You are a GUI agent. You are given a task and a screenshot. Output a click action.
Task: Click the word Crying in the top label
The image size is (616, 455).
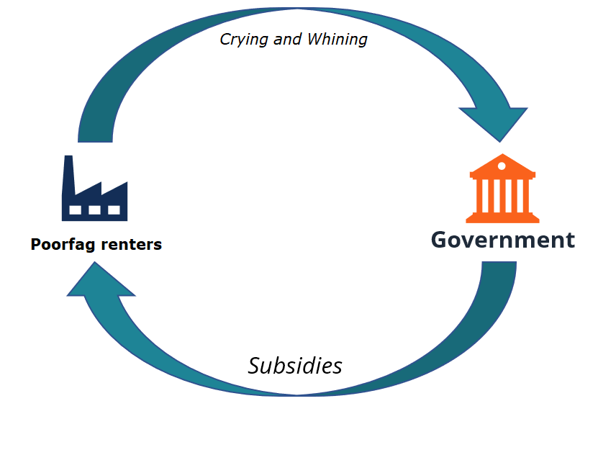click(245, 40)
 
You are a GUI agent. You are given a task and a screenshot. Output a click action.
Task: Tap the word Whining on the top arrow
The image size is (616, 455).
click(338, 40)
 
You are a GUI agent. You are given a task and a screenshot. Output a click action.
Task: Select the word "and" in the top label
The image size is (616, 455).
click(288, 40)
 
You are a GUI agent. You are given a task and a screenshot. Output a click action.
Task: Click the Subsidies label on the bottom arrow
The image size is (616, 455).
click(295, 366)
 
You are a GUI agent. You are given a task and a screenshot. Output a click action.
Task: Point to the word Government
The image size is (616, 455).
click(503, 240)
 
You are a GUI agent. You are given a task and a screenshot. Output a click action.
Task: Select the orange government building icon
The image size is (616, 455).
click(502, 188)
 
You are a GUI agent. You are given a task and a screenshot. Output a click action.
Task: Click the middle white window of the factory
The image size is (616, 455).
click(94, 210)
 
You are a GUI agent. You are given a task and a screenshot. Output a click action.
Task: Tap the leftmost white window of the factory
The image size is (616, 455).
click(76, 210)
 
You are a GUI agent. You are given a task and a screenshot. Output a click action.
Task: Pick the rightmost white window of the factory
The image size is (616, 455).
click(114, 210)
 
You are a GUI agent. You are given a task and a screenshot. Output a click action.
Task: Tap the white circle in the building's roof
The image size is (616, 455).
click(502, 166)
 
